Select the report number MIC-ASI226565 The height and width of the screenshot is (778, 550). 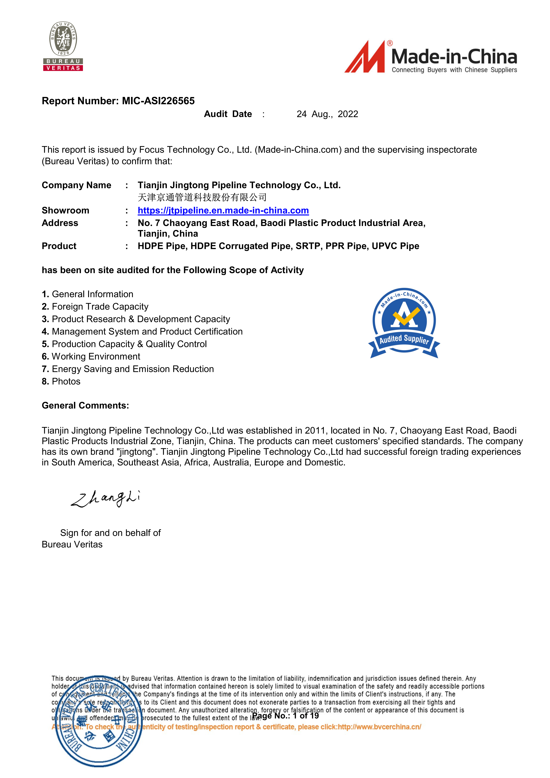tap(158, 101)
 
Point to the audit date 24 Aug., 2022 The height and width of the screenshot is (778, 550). tap(327, 114)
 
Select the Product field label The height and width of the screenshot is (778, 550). tap(59, 246)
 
